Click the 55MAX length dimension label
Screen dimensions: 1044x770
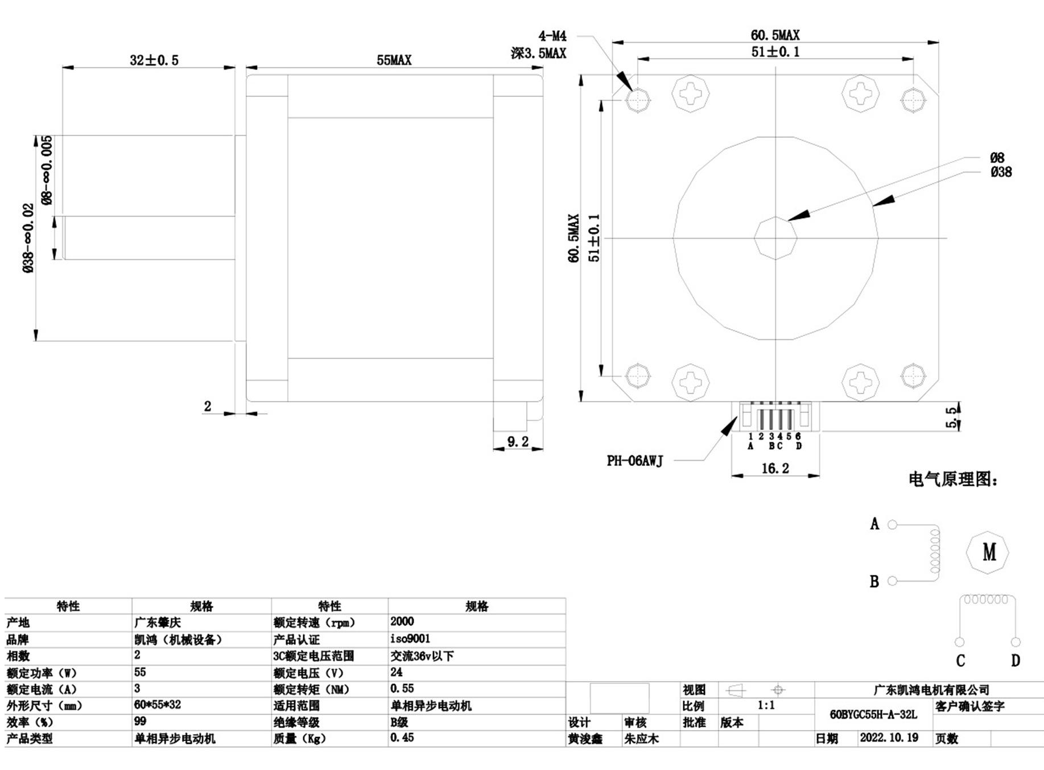click(x=394, y=60)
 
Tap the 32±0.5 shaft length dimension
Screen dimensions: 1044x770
click(x=154, y=60)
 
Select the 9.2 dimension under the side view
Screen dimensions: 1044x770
click(x=518, y=441)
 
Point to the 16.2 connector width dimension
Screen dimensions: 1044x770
click(x=775, y=468)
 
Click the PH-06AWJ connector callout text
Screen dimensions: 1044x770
click(x=635, y=461)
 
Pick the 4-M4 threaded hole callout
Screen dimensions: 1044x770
click(x=552, y=36)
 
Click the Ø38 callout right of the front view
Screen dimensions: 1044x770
click(x=1001, y=171)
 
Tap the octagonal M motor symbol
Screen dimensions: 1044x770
click(x=988, y=552)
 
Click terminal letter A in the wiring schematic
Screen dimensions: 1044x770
click(x=874, y=523)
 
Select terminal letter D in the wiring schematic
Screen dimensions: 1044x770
click(x=1016, y=661)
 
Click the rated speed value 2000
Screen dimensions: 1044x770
click(x=402, y=621)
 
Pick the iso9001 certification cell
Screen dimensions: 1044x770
click(x=410, y=638)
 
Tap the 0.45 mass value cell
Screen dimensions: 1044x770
click(x=402, y=738)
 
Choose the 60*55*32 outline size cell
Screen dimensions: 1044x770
click(x=158, y=705)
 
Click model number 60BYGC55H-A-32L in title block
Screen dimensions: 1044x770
click(x=873, y=714)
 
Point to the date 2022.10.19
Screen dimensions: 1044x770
click(x=889, y=738)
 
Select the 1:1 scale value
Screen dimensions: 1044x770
click(x=766, y=706)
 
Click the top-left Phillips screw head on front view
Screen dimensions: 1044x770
click(x=691, y=93)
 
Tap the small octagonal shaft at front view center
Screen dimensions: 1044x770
click(x=775, y=238)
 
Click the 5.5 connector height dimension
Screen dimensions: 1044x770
click(x=951, y=417)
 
